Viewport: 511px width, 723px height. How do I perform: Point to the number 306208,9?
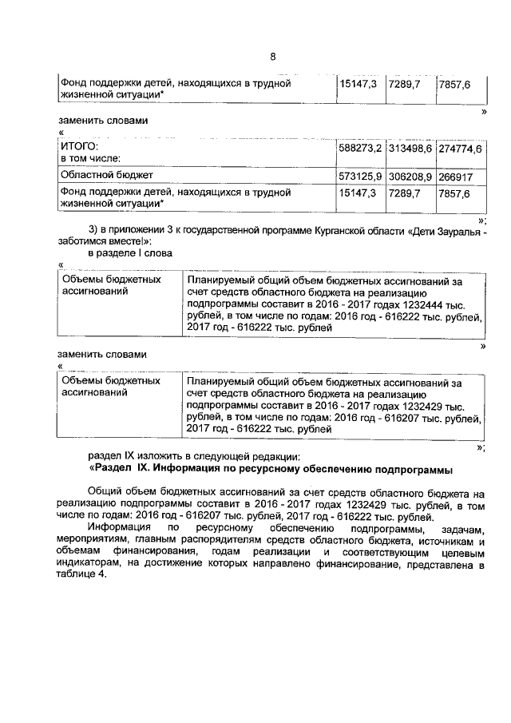[410, 174]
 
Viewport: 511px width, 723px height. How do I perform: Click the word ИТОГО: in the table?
[80, 147]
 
